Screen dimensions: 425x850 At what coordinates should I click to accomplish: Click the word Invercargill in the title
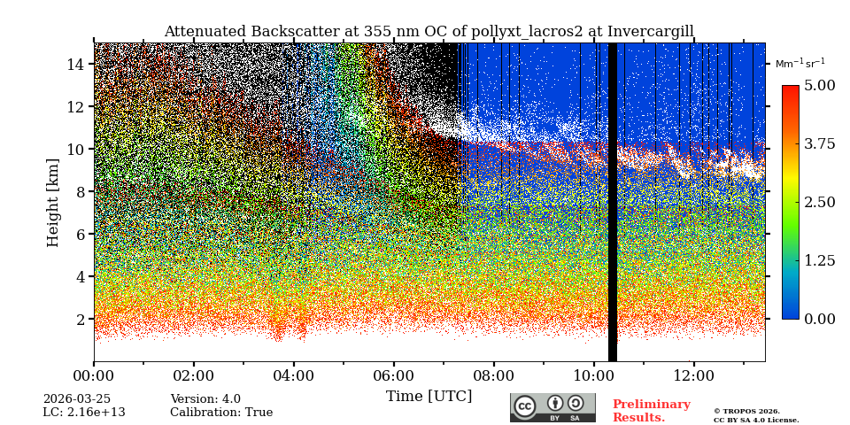[x=652, y=32]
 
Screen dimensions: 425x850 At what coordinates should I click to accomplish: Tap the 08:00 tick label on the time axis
[x=493, y=375]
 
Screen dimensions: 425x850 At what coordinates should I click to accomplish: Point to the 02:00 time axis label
[x=193, y=375]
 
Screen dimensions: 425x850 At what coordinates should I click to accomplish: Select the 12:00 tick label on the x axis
[x=693, y=375]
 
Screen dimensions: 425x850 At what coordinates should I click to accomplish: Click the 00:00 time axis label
[x=94, y=375]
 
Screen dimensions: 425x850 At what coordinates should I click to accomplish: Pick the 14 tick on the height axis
[x=75, y=65]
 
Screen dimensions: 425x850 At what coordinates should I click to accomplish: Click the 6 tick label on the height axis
[x=80, y=235]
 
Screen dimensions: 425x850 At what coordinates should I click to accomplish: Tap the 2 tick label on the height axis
[x=80, y=320]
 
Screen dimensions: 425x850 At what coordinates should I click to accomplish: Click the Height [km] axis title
[x=53, y=203]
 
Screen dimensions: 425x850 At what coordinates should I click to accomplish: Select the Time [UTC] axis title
[x=429, y=396]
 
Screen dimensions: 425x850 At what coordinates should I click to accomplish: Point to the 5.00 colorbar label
[x=819, y=86]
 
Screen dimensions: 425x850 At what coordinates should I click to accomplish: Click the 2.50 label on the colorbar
[x=819, y=203]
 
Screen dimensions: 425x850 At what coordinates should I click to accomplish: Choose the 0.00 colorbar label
[x=819, y=319]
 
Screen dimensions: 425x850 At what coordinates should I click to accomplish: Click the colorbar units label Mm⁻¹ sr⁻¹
[x=800, y=63]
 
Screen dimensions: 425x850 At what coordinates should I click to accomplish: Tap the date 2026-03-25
[x=77, y=399]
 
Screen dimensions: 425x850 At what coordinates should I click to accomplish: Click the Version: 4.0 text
[x=205, y=399]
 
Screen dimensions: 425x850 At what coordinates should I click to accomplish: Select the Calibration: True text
[x=221, y=413]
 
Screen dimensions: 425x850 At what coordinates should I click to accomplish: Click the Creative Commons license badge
[x=552, y=407]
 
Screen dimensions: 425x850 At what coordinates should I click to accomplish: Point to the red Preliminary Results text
[x=651, y=411]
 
